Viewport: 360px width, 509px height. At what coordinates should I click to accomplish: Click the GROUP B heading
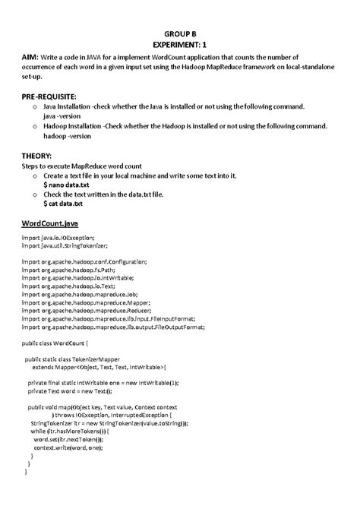[179, 34]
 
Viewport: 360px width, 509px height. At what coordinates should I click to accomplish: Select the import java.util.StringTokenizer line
[65, 246]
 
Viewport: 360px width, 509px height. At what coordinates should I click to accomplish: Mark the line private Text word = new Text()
[71, 391]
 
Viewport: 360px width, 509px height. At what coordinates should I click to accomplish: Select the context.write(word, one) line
[72, 447]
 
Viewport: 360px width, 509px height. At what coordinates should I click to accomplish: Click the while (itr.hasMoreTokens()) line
[69, 432]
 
